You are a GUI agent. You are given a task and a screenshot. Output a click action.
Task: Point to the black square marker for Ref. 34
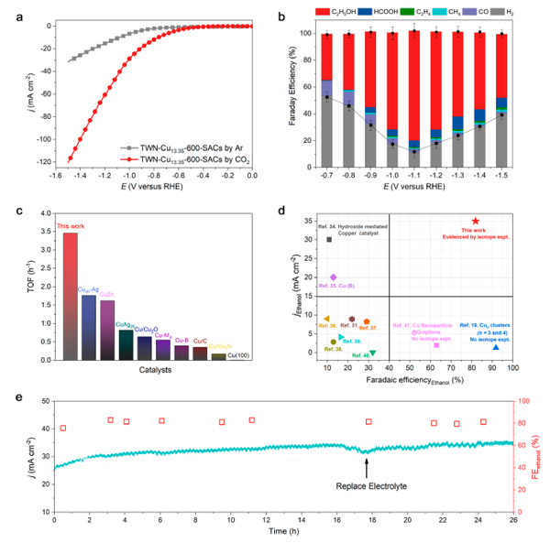pos(329,240)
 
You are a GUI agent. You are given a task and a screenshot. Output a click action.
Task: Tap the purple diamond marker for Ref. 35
pos(334,277)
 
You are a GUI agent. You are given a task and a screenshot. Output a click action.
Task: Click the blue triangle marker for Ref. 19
pos(496,346)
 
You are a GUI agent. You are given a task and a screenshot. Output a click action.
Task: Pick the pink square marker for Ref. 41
pos(436,345)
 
